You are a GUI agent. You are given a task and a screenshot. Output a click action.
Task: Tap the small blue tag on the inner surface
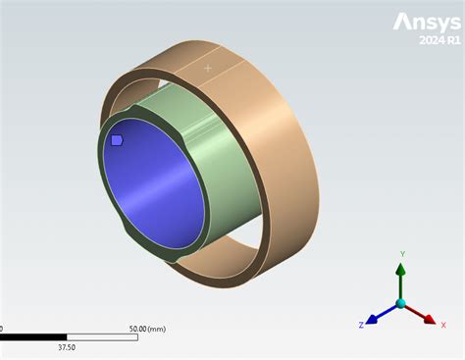pyautogui.click(x=117, y=140)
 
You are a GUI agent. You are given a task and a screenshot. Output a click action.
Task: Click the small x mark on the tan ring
pyautogui.click(x=207, y=69)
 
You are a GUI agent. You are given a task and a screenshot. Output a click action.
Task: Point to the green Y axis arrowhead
pyautogui.click(x=400, y=268)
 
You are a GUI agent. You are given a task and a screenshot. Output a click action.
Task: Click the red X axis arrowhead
pyautogui.click(x=430, y=318)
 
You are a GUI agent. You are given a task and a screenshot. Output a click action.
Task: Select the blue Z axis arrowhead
pyautogui.click(x=374, y=318)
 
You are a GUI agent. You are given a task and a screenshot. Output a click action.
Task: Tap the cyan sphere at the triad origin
pyautogui.click(x=400, y=304)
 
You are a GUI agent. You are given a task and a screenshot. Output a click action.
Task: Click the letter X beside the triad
pyautogui.click(x=442, y=324)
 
